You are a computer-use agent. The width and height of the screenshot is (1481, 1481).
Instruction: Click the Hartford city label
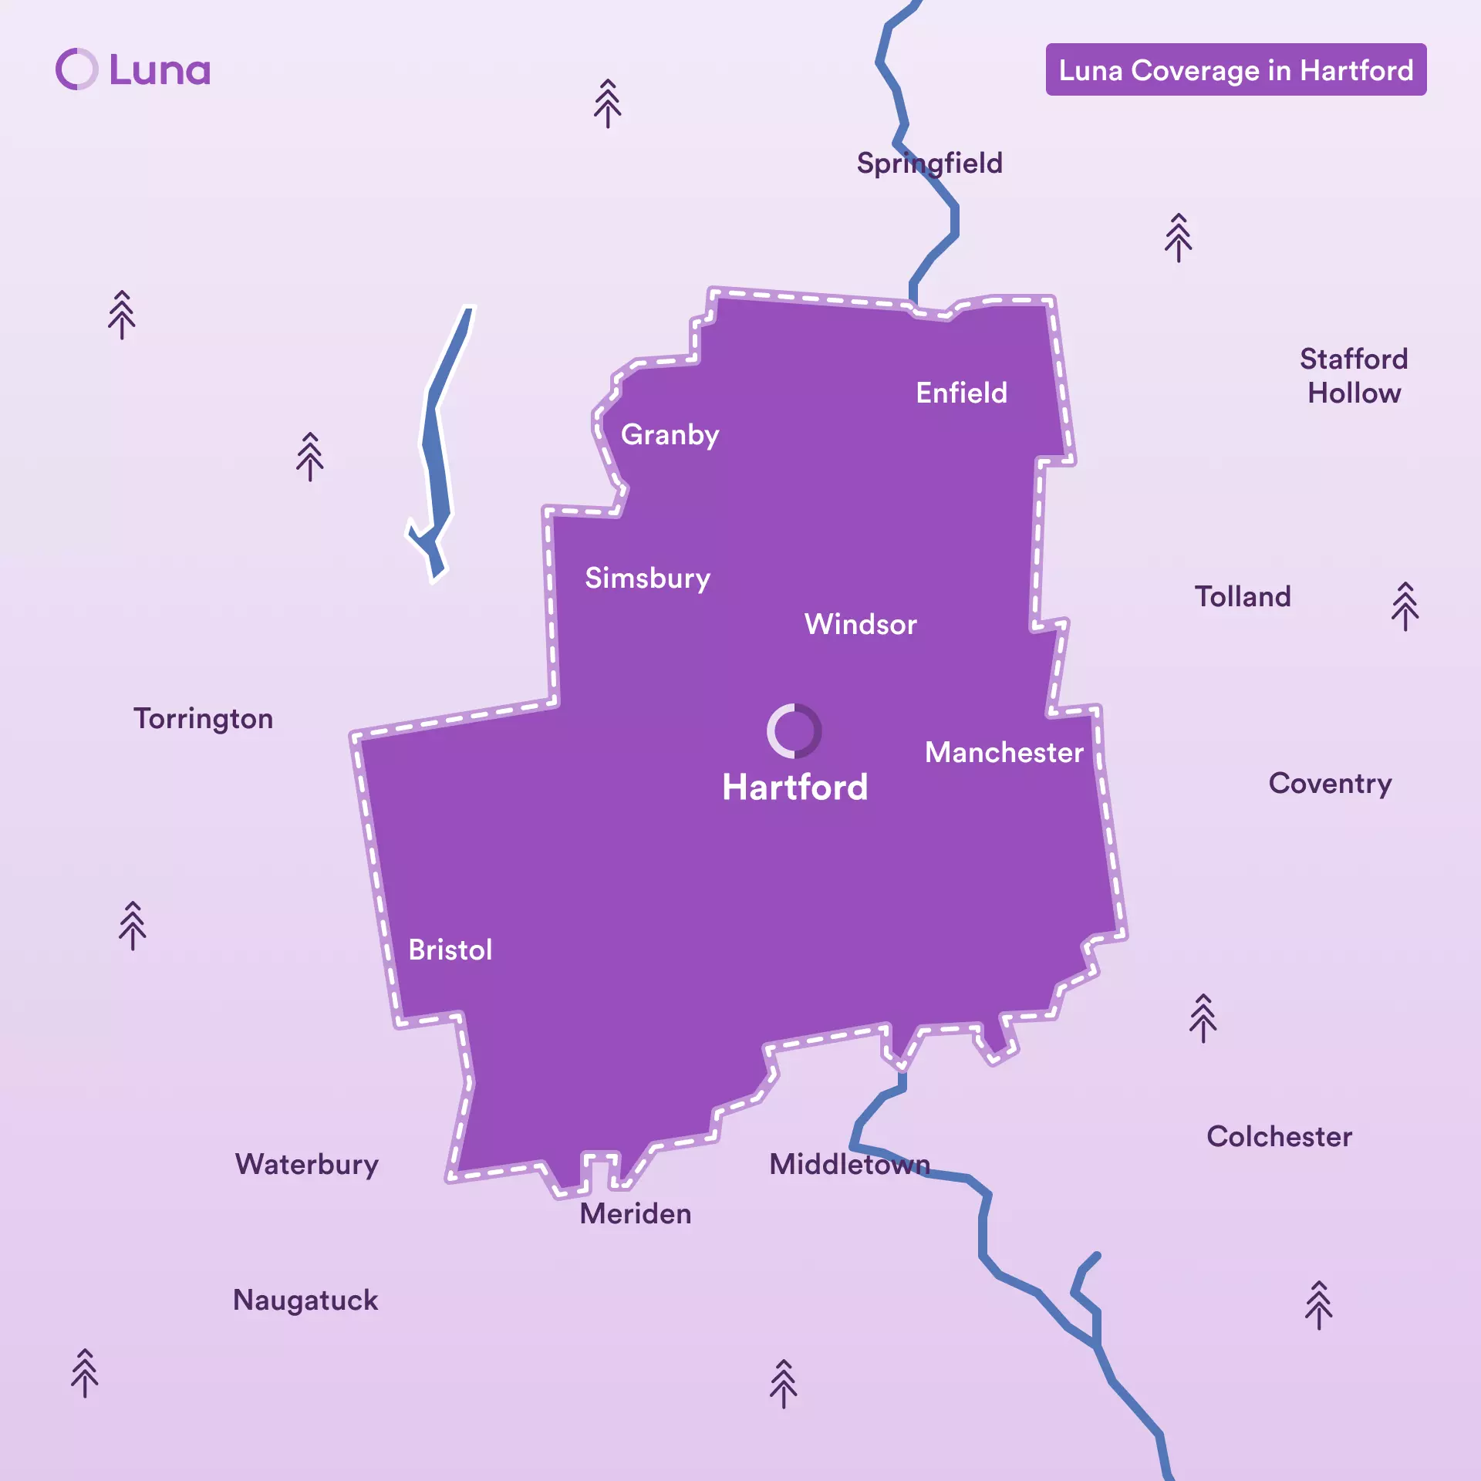(x=794, y=788)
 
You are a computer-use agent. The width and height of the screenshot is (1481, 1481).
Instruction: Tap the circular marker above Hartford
(x=794, y=730)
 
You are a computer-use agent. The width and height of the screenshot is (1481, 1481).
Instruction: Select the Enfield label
(x=961, y=393)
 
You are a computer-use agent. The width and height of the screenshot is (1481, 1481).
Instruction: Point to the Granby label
(x=670, y=435)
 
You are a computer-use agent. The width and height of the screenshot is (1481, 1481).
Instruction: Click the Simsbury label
(x=647, y=579)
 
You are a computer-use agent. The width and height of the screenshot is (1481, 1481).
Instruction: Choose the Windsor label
(x=860, y=625)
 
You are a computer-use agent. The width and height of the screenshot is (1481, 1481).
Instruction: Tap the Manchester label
(x=1004, y=753)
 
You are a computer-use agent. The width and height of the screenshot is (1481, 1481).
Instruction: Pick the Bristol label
(x=450, y=950)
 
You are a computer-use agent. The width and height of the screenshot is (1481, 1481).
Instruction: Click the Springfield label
(x=929, y=164)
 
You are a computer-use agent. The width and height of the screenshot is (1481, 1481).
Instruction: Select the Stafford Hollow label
(x=1354, y=376)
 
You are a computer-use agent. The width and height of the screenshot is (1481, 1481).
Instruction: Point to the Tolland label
(x=1242, y=597)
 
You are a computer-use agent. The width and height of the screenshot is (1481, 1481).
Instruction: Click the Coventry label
(x=1330, y=784)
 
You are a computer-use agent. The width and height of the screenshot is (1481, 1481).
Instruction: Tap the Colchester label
(x=1279, y=1137)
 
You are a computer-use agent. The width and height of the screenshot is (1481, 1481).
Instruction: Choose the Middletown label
(x=849, y=1165)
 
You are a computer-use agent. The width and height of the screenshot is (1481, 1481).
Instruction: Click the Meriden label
(x=635, y=1214)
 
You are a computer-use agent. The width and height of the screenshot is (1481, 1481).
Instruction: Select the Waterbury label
(x=306, y=1165)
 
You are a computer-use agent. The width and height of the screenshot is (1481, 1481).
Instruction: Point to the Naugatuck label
(x=305, y=1301)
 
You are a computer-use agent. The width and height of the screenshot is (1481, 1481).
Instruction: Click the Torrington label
(x=203, y=719)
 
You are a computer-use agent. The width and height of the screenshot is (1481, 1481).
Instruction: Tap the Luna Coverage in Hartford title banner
(x=1236, y=70)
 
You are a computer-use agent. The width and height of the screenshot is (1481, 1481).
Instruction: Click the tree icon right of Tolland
(x=1405, y=606)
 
